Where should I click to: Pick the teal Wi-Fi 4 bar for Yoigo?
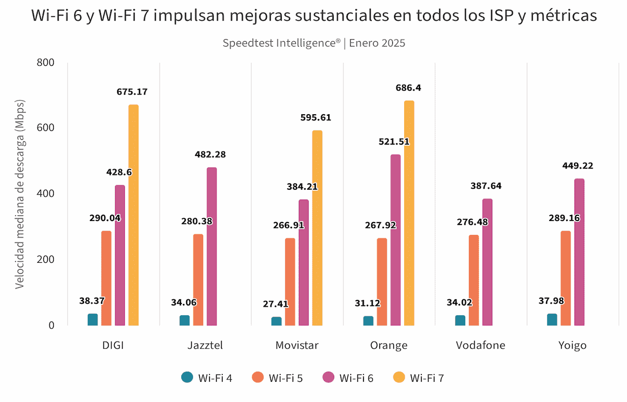coord(552,320)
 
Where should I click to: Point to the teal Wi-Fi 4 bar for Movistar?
coord(277,321)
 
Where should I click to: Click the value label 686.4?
coord(408,88)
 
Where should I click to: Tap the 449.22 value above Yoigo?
coord(578,166)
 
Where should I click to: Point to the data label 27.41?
coord(276,304)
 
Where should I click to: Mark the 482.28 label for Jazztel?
coord(210,155)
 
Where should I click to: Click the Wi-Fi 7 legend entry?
coord(419,377)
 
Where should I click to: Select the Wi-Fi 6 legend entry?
coord(348,377)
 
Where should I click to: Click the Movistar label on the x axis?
coord(297,345)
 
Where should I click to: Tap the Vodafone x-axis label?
coord(481,345)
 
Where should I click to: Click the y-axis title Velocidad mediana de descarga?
coord(19,194)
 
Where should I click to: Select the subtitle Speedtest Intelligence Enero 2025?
coord(314,43)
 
